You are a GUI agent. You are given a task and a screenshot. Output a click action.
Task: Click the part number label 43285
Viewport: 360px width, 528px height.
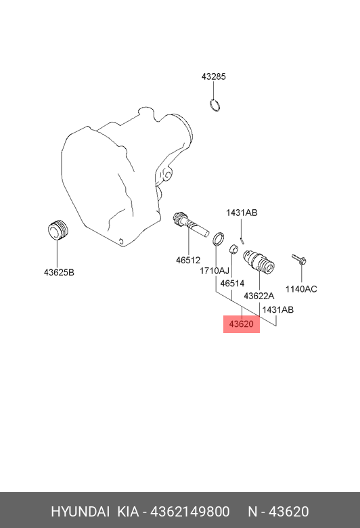[214, 76]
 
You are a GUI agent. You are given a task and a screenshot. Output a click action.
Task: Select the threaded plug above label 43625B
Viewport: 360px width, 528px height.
[58, 230]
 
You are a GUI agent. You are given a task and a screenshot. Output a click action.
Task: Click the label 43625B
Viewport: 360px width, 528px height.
[59, 272]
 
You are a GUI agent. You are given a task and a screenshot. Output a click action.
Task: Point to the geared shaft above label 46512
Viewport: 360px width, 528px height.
[190, 224]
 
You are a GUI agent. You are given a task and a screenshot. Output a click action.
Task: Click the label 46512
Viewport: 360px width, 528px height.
[188, 261]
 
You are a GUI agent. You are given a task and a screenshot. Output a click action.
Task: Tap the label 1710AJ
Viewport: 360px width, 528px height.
[215, 271]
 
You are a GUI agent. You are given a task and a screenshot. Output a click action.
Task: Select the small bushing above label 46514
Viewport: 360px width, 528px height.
[233, 249]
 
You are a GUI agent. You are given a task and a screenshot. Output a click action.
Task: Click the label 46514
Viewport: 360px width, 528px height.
[232, 284]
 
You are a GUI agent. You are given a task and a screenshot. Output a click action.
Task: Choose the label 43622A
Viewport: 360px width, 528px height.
[259, 296]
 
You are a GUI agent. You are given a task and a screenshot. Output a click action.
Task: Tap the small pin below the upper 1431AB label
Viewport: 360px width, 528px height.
[242, 240]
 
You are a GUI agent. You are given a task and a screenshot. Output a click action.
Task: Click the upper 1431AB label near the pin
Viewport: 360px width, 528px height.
[242, 213]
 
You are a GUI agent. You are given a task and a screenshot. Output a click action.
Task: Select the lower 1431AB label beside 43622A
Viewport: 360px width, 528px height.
[278, 310]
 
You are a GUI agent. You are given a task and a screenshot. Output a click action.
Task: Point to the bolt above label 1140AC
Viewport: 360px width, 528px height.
[298, 259]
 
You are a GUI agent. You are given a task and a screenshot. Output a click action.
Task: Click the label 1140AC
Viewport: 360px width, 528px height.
[301, 289]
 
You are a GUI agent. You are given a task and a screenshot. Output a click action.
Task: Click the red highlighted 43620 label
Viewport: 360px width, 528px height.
[241, 324]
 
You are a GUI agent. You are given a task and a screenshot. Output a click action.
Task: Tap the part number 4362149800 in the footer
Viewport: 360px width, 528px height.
[190, 512]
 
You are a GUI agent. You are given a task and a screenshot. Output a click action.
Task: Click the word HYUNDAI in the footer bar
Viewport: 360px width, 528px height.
[81, 512]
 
